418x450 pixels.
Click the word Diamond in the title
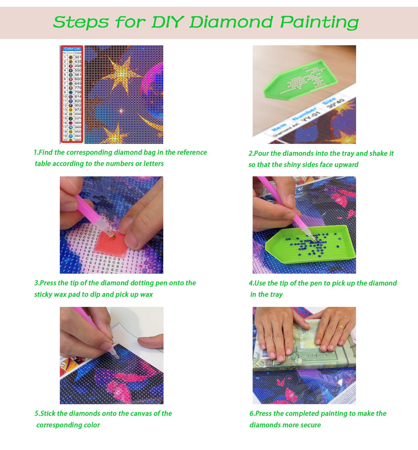[231, 22]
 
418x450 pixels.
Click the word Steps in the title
[81, 22]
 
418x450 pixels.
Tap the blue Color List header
[72, 49]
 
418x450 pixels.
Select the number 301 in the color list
[78, 57]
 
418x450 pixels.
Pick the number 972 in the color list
[78, 110]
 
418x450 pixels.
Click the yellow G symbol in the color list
[71, 110]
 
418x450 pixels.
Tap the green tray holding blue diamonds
[310, 245]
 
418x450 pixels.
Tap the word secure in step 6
[310, 425]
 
